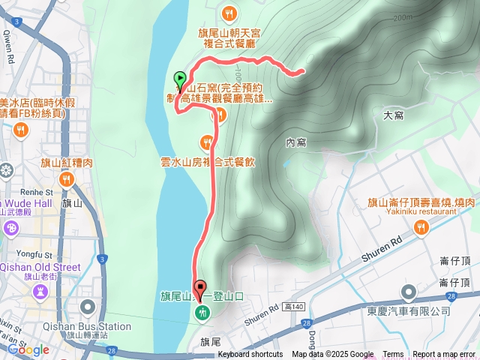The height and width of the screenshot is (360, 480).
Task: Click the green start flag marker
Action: tap(180, 78)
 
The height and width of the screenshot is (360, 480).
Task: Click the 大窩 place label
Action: tap(394, 116)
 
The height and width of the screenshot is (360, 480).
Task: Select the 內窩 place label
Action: tap(296, 142)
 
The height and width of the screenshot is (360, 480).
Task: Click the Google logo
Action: tap(28, 349)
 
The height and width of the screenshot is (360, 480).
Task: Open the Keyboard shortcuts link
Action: tap(250, 355)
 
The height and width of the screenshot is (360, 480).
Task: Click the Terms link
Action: tap(393, 355)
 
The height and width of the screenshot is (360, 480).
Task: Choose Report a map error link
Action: tap(444, 355)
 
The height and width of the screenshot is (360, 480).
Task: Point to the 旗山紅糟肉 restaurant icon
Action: tap(67, 178)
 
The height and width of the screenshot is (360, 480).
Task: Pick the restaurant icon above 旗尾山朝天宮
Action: tap(229, 13)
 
